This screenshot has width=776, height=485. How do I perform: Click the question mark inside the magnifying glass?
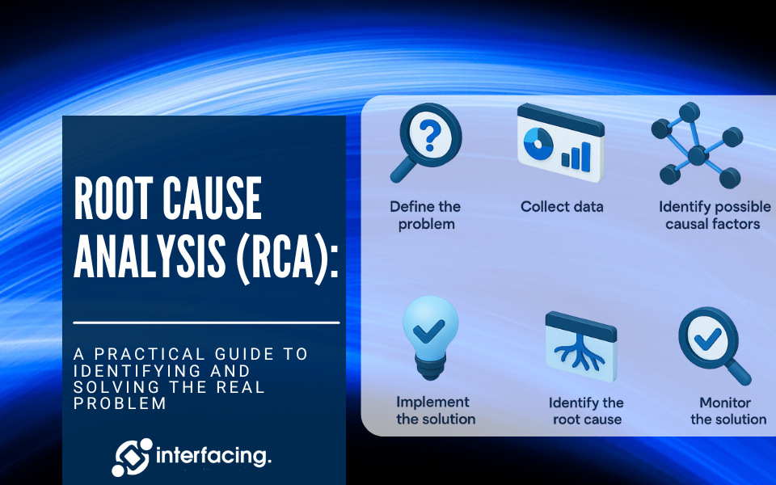point(429,136)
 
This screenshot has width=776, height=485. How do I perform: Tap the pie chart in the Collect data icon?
point(538,144)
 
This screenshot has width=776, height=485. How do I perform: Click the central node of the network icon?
point(697,155)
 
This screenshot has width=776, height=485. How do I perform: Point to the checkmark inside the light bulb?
point(428,331)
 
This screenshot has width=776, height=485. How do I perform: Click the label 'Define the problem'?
point(426,215)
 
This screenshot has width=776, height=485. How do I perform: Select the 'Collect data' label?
point(562,207)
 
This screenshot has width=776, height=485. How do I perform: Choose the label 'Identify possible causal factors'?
point(714,215)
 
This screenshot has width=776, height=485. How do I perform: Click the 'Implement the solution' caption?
point(435,411)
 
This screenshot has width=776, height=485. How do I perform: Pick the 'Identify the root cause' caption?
point(587,411)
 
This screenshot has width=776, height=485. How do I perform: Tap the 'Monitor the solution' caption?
point(728,411)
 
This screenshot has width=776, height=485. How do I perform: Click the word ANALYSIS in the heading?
point(150,255)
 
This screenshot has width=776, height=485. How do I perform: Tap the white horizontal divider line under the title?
point(206,323)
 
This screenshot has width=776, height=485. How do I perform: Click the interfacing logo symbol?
point(132,457)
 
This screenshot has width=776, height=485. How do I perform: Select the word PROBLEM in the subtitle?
point(120,403)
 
